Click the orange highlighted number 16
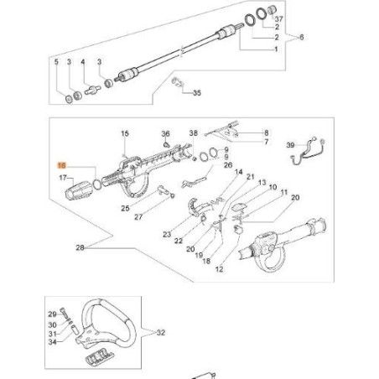pos(60,168)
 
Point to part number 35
pos(197,93)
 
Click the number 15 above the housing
pos(124,134)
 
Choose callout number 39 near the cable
pos(290,146)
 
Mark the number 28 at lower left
pos(80,247)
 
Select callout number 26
pos(226,165)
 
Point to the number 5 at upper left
pos(57,62)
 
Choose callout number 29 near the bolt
pos(51,313)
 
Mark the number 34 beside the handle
pos(51,342)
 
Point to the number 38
pos(193,133)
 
